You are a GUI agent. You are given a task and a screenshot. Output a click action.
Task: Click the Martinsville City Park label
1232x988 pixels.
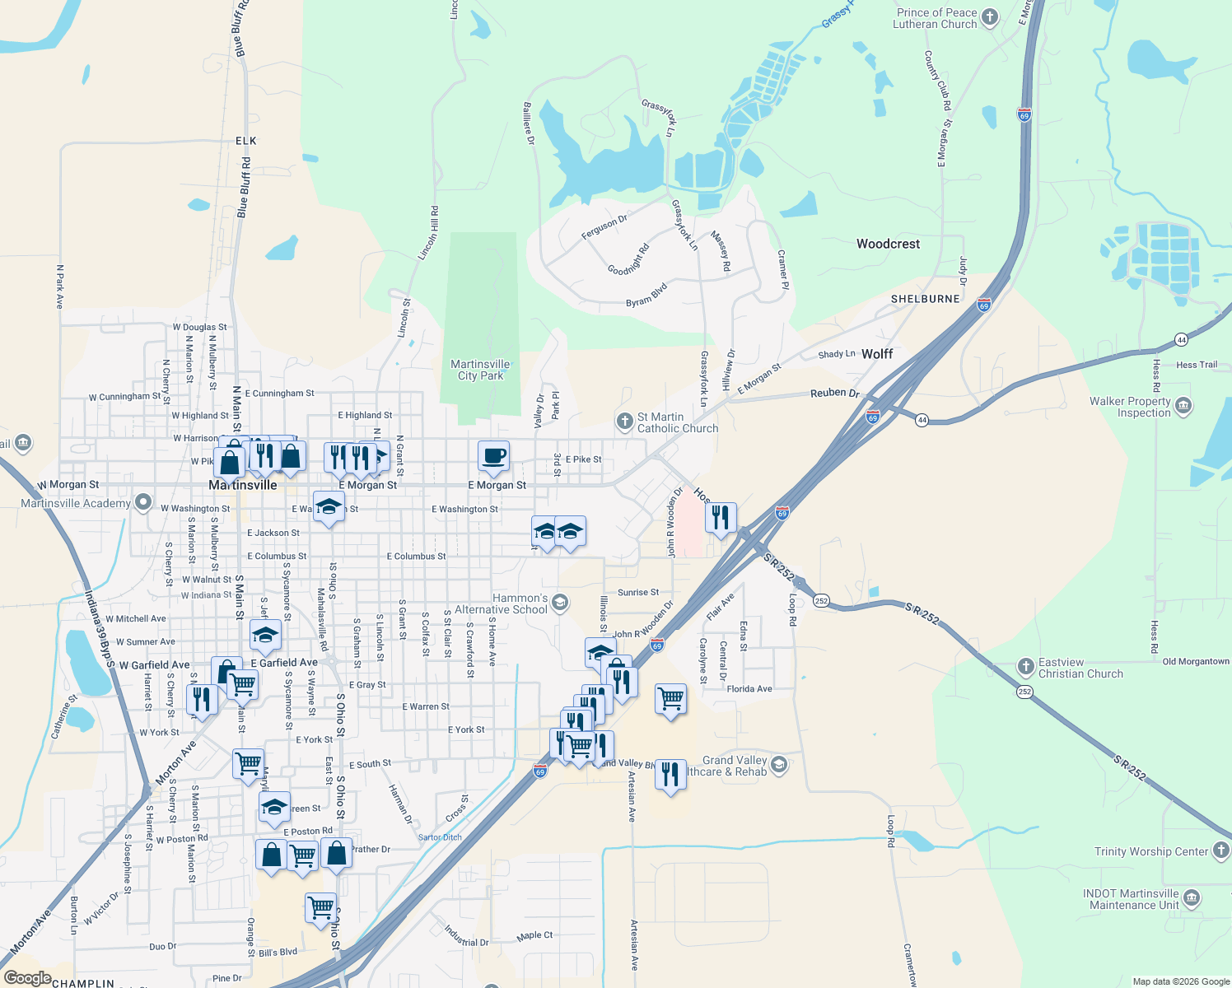pyautogui.click(x=480, y=370)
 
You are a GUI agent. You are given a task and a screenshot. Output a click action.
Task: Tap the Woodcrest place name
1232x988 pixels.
pyautogui.click(x=888, y=244)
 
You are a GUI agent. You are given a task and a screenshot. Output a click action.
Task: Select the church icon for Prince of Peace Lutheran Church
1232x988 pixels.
pyautogui.click(x=990, y=17)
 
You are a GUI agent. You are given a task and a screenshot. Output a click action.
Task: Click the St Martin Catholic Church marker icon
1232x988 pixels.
pyautogui.click(x=624, y=422)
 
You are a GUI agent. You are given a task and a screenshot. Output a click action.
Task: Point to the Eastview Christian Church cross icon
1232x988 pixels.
pyautogui.click(x=1025, y=667)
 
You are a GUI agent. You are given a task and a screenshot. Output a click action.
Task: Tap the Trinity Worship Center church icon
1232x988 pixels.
pyautogui.click(x=1221, y=851)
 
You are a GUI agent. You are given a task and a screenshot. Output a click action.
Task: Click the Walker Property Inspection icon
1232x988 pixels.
pyautogui.click(x=1184, y=406)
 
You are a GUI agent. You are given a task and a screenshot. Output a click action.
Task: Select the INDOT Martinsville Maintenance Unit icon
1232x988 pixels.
pyautogui.click(x=1192, y=897)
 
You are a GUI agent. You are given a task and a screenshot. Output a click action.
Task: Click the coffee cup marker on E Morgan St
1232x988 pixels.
pyautogui.click(x=494, y=456)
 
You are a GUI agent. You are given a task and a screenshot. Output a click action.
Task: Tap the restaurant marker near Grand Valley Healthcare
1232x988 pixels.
pyautogui.click(x=670, y=774)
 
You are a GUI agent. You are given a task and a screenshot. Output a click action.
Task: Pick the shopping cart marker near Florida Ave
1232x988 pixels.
pyautogui.click(x=670, y=699)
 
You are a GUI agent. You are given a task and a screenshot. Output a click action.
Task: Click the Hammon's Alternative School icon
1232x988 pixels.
pyautogui.click(x=560, y=603)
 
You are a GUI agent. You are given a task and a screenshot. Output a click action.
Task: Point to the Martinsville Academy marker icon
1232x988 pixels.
pyautogui.click(x=144, y=501)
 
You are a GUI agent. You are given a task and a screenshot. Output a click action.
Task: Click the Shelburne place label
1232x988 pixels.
pyautogui.click(x=925, y=299)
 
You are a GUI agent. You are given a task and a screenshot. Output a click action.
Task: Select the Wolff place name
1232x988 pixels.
pyautogui.click(x=877, y=354)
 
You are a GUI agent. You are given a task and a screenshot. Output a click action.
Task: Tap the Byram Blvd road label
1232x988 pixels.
pyautogui.click(x=646, y=296)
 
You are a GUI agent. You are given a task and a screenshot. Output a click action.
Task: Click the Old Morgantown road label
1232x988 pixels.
pyautogui.click(x=1196, y=661)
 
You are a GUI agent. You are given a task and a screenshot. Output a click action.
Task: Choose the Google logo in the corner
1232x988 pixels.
pyautogui.click(x=27, y=978)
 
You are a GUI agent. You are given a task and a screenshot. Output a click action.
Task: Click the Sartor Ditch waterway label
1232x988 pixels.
pyautogui.click(x=440, y=837)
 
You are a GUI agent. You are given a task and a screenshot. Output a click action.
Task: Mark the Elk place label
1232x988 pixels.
pyautogui.click(x=246, y=141)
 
